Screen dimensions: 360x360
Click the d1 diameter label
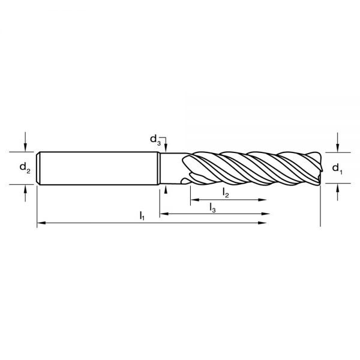point(337,167)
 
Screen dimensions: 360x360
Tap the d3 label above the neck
point(155,140)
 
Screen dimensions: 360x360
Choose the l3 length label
point(212,206)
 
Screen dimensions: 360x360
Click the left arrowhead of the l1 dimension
point(41,223)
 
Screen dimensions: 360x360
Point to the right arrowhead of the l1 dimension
point(263,223)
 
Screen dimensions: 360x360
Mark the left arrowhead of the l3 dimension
point(163,213)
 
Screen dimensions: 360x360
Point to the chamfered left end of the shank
point(38,167)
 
